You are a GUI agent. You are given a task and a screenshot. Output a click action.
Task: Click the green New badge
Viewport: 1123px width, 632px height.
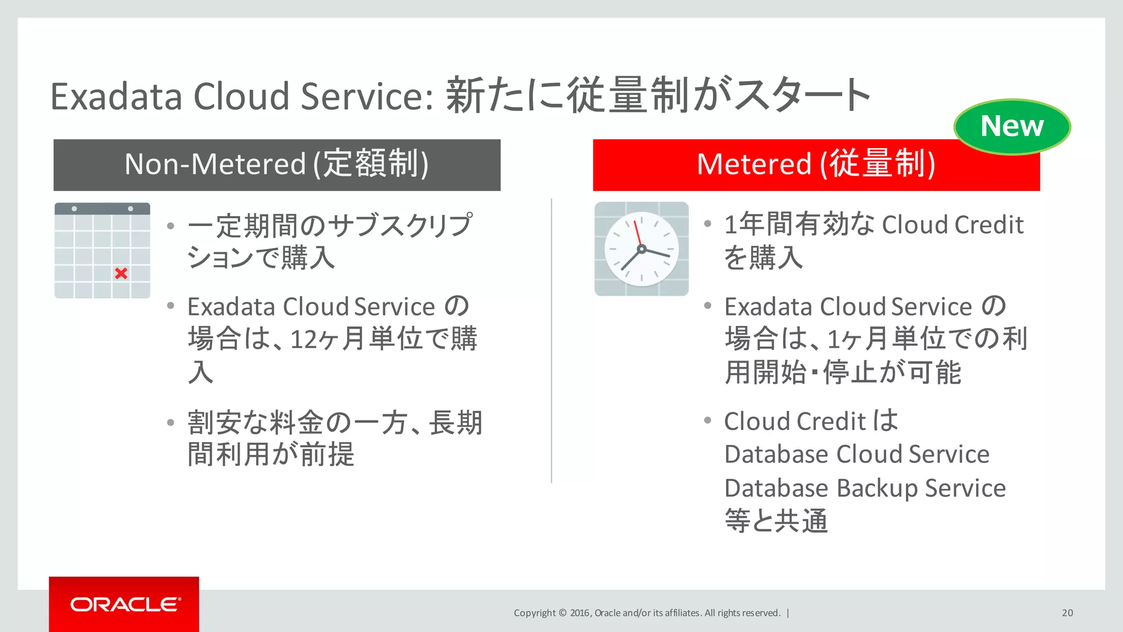1012,126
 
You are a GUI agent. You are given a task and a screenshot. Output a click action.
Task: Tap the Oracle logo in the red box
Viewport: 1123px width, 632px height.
125,604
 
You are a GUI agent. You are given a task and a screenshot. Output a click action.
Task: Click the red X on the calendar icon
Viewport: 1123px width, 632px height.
121,273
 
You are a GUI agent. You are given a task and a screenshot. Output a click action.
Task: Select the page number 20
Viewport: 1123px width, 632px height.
1067,613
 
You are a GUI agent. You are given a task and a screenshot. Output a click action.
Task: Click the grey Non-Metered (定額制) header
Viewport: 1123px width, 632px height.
277,165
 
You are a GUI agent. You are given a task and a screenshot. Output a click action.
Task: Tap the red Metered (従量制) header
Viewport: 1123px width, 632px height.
816,165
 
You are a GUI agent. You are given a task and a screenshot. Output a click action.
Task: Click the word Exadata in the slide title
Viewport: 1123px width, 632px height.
116,97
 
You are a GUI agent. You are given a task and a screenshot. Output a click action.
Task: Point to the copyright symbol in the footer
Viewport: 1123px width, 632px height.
563,613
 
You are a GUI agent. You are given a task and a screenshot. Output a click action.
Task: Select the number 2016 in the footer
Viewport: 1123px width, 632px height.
580,613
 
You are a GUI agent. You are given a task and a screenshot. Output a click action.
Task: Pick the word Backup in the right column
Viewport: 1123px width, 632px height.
877,488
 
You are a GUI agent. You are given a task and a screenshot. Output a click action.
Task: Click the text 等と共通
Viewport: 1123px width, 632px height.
776,521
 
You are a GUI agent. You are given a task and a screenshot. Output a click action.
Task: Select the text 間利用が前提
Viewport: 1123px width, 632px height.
271,455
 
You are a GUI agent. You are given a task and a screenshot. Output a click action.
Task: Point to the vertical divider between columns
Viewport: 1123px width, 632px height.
552,340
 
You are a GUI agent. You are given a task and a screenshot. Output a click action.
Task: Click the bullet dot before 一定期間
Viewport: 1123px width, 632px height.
171,225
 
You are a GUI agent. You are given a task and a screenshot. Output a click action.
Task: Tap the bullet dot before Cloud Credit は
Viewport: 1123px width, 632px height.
707,421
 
